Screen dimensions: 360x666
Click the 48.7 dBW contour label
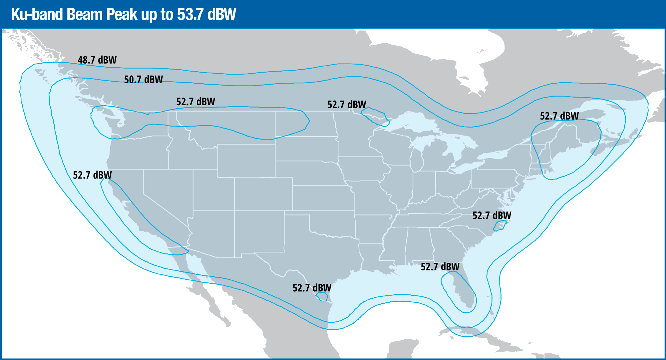click(97, 60)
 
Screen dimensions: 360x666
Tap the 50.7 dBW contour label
click(143, 80)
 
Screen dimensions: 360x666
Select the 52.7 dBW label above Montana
click(195, 102)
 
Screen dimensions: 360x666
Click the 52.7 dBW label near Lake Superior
click(346, 105)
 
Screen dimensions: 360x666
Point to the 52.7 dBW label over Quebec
click(559, 116)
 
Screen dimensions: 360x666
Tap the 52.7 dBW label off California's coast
click(92, 175)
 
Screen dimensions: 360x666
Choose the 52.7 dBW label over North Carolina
click(492, 215)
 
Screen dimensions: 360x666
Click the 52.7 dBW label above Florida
click(440, 267)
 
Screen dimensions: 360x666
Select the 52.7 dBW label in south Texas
click(312, 288)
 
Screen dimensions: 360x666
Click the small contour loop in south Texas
click(322, 296)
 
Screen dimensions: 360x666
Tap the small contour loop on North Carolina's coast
click(499, 226)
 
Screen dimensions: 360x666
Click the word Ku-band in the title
click(37, 15)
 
